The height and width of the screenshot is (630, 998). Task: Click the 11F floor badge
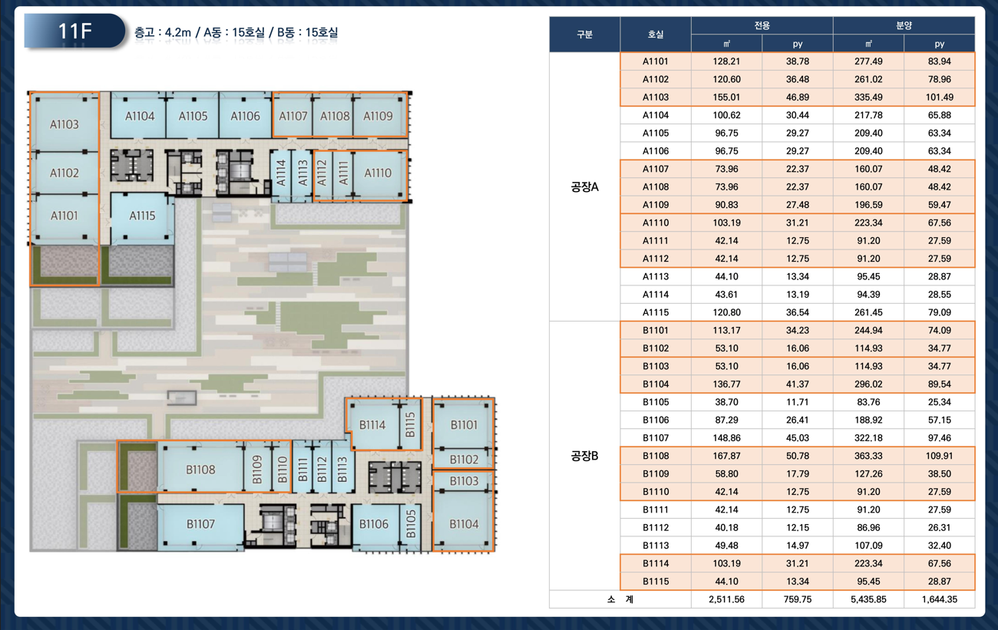(x=75, y=31)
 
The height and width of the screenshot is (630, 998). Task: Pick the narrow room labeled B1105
(x=411, y=524)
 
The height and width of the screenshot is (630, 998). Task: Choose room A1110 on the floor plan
(x=378, y=173)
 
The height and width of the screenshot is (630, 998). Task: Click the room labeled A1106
(x=245, y=116)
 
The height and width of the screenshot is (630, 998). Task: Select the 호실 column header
(x=656, y=35)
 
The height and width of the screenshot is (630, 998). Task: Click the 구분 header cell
(x=584, y=35)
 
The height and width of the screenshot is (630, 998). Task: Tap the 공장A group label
(x=584, y=187)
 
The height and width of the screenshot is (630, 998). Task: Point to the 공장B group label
(x=584, y=456)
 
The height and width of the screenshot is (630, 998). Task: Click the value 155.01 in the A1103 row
(x=726, y=97)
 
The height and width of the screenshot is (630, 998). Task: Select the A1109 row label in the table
(x=656, y=205)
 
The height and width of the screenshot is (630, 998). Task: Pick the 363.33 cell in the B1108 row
(x=868, y=456)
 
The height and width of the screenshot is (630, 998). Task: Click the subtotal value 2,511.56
(x=726, y=599)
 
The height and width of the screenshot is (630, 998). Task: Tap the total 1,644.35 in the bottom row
(x=939, y=599)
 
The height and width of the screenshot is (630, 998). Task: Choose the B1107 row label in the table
(x=656, y=438)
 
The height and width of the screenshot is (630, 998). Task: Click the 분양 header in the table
(x=904, y=25)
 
